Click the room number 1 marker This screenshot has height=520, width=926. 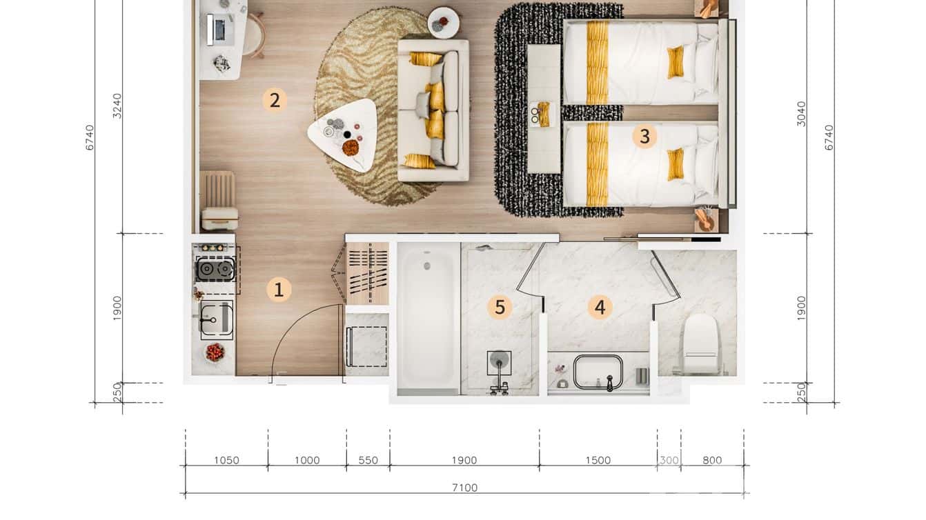tap(279, 290)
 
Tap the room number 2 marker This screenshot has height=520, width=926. tap(275, 101)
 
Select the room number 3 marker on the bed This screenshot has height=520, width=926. tap(644, 136)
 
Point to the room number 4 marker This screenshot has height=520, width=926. tap(600, 308)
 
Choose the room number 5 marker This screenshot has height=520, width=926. tap(500, 308)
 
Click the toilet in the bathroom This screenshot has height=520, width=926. tap(700, 343)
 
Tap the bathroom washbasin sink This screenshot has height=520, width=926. tap(598, 372)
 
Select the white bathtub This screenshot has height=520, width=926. tap(428, 318)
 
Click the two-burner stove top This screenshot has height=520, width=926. tap(215, 269)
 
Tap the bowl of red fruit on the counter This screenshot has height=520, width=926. tap(215, 352)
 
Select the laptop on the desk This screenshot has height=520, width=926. tap(220, 29)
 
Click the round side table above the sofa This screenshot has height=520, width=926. tap(443, 22)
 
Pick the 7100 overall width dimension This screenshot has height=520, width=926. tap(464, 488)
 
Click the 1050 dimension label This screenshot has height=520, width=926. tap(226, 460)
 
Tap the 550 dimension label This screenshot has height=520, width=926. tap(368, 460)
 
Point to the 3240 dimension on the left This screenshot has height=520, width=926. tap(118, 106)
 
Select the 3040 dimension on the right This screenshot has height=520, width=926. tap(801, 114)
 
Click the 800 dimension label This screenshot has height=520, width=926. tap(712, 460)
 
